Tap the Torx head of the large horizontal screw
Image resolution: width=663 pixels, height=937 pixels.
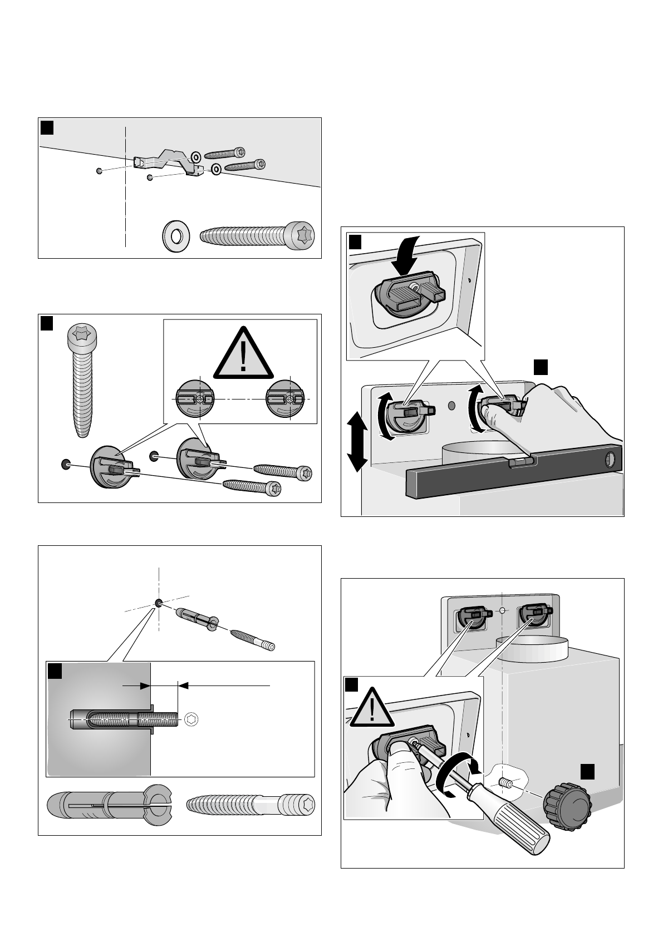pos(301,234)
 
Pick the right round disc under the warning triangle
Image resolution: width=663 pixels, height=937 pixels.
pos(289,400)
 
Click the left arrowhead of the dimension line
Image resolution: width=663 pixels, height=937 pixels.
pos(146,686)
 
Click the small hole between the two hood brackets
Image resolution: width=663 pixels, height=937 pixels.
pos(502,611)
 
